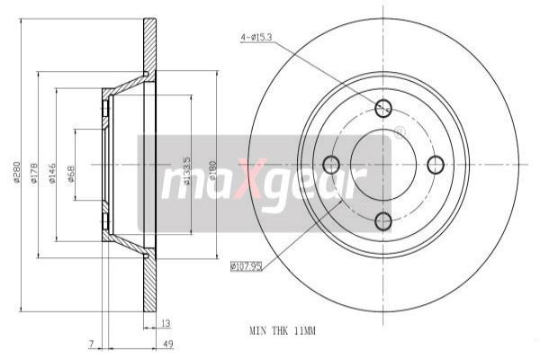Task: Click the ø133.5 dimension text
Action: tap(187, 173)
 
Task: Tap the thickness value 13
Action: tap(165, 321)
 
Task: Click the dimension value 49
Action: tap(168, 344)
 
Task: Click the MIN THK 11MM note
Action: tap(282, 330)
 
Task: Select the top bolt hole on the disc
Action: tap(384, 108)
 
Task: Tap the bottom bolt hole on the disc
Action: tap(384, 220)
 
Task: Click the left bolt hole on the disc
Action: tap(330, 164)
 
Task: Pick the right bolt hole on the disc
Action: tap(437, 164)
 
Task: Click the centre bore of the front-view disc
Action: tap(383, 164)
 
